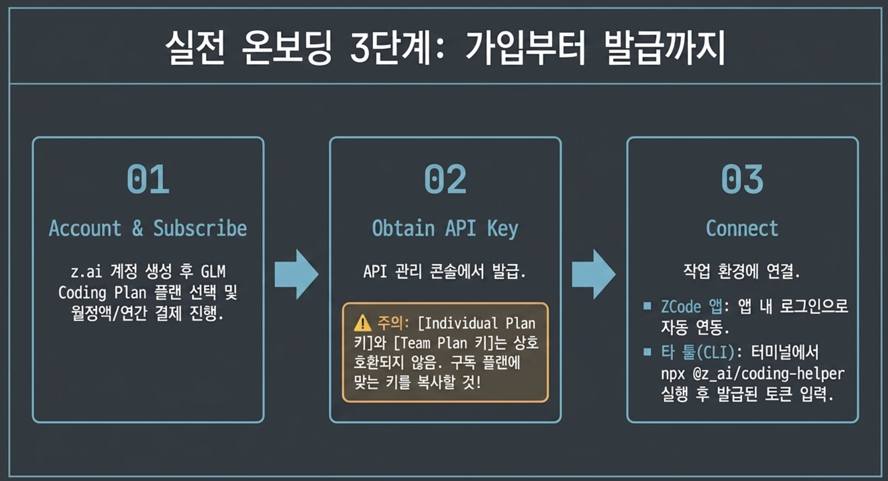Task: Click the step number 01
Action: coord(148,179)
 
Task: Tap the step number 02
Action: coord(445,179)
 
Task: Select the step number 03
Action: coord(742,179)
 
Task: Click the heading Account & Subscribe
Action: coord(148,228)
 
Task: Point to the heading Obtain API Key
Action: coord(445,229)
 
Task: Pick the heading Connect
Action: coord(742,228)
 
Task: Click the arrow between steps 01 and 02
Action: coord(296,274)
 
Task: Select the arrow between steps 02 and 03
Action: coord(594,274)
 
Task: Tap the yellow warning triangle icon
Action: coord(362,323)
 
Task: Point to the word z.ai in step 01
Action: coord(86,272)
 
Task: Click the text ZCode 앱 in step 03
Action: coord(691,306)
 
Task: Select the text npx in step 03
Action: coord(673,374)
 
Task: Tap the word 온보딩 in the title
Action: coord(287,48)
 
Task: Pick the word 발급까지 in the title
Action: coord(664,48)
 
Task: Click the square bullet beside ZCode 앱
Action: coord(647,305)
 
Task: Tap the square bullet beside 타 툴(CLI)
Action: coord(647,352)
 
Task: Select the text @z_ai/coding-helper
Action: coord(768,374)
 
